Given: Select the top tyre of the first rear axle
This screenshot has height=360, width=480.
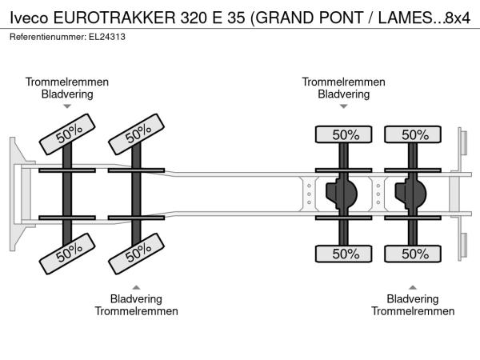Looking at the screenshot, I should pos(345,134).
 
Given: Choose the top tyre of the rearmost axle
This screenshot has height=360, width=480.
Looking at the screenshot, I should pos(414,134).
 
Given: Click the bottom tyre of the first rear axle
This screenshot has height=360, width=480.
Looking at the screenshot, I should pos(345,254).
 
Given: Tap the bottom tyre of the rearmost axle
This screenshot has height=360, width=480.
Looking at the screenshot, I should pos(414,254).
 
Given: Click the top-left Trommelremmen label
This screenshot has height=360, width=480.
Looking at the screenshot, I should pos(67,82).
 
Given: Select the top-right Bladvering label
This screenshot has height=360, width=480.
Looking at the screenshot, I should pos(344,94).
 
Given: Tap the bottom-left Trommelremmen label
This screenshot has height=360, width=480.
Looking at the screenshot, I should pos(136,310).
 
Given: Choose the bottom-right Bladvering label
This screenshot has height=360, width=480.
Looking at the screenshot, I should pos(412,298).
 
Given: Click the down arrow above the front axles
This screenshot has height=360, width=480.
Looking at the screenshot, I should pos(67,106).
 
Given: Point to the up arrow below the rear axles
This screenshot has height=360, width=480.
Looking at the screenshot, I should pos(412,286).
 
